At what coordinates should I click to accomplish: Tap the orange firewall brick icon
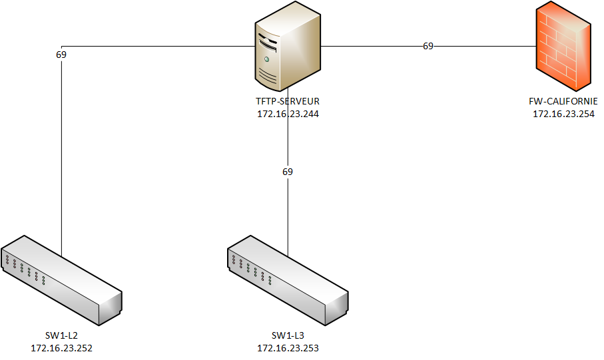[563, 47]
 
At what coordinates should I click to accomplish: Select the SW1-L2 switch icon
[61, 280]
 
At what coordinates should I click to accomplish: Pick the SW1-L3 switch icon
[288, 280]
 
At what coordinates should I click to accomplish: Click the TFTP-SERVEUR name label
[288, 102]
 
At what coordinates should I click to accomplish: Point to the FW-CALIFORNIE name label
[563, 102]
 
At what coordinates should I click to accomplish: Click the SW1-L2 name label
[61, 335]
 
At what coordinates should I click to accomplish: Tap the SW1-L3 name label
[288, 335]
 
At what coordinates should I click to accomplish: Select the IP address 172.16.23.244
[288, 114]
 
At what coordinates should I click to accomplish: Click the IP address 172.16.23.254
[563, 114]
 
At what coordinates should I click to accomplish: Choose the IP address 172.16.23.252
[61, 347]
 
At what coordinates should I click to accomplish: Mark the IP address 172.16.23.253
[288, 347]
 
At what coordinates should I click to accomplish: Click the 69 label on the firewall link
[428, 47]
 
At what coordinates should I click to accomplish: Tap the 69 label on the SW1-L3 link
[288, 172]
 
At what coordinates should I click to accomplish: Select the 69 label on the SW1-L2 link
[61, 55]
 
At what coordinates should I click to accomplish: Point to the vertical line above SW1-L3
[288, 213]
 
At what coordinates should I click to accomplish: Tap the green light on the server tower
[267, 59]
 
